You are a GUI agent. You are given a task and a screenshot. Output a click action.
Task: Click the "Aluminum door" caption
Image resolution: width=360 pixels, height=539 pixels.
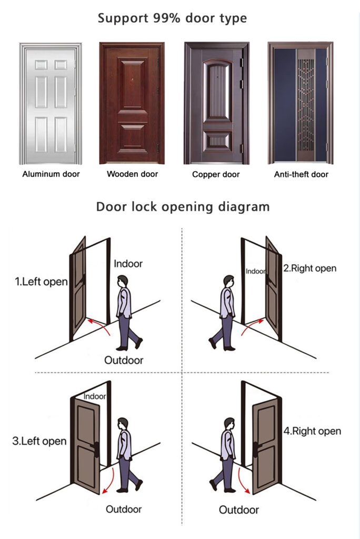coord(51,174)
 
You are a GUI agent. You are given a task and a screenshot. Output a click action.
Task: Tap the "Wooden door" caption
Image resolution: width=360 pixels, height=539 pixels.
coord(133,174)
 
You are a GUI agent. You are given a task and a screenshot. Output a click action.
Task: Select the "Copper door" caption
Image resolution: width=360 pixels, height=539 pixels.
coord(216,175)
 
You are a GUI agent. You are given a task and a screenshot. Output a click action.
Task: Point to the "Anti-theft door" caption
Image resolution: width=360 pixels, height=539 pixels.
coord(301,175)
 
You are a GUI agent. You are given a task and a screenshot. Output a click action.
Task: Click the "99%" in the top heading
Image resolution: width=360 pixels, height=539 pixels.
coord(166,18)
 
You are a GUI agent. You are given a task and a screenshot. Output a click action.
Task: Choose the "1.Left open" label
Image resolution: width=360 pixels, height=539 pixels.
coord(41,282)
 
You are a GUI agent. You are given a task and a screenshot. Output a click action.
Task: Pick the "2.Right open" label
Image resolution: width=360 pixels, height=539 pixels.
coord(310,268)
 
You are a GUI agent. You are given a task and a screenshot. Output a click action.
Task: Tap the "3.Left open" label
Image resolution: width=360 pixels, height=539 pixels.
coord(39,441)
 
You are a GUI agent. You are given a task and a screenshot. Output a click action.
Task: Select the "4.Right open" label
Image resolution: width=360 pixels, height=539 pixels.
coord(312,431)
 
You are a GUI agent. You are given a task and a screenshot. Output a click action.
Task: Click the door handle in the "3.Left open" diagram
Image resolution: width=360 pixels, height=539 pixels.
coord(95,448)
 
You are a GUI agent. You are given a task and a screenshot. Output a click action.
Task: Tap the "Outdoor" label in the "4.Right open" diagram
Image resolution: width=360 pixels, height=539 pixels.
coord(238,510)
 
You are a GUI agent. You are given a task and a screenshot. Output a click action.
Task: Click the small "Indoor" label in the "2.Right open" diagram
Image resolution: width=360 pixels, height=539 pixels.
coord(255,271)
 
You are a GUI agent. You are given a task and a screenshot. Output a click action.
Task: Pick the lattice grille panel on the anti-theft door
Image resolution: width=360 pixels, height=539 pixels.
coord(305,109)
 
